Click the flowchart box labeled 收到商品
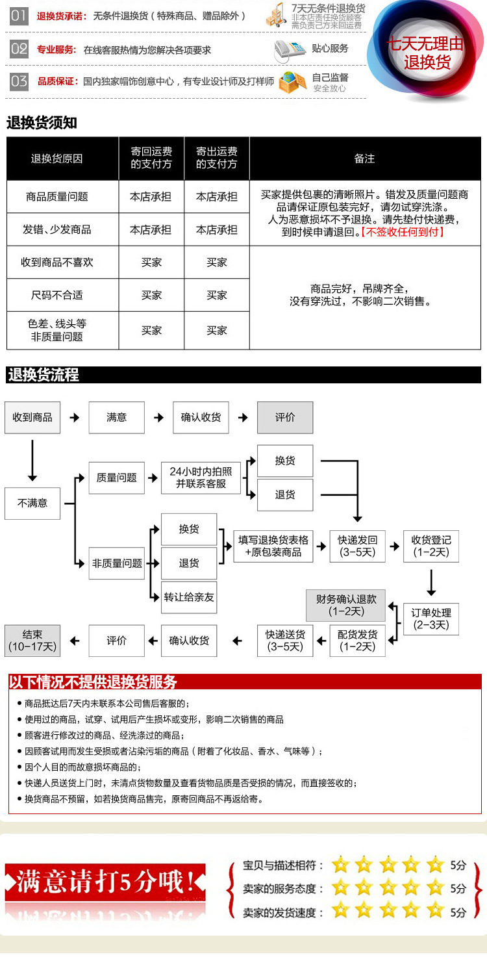click(x=32, y=417)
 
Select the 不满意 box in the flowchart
click(x=32, y=503)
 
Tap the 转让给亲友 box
click(x=189, y=597)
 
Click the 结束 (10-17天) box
click(x=32, y=641)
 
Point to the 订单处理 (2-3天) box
click(x=431, y=619)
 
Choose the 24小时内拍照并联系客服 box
click(x=201, y=478)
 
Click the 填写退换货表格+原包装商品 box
click(x=273, y=546)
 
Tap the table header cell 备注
click(x=364, y=159)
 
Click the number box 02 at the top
click(x=19, y=49)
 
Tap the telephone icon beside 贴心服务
click(x=288, y=49)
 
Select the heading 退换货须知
click(x=42, y=122)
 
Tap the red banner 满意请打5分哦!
click(x=105, y=882)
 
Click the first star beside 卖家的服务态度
click(x=340, y=888)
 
